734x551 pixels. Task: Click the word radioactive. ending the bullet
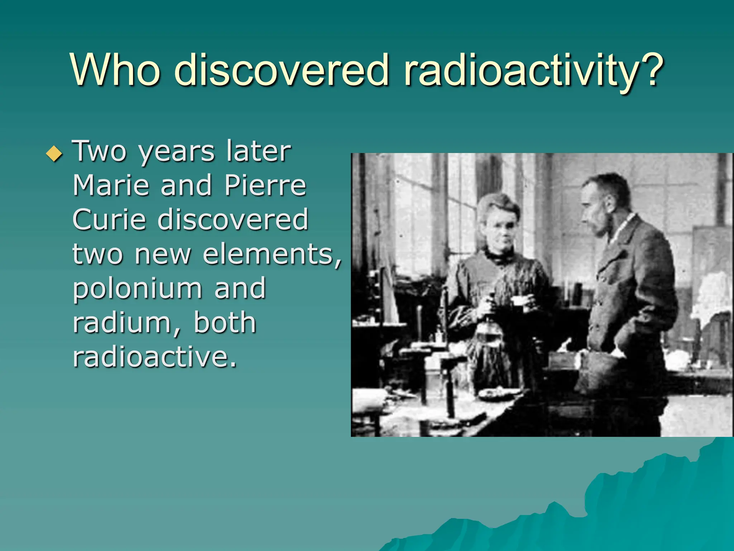pyautogui.click(x=155, y=357)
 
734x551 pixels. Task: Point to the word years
pyautogui.click(x=176, y=152)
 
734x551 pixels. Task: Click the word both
pyautogui.click(x=225, y=322)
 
